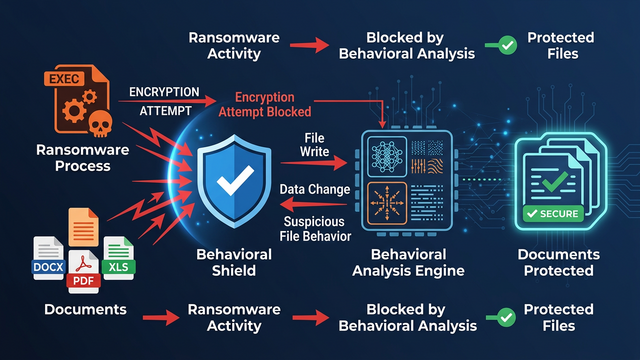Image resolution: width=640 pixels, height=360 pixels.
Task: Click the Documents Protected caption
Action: (558, 263)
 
